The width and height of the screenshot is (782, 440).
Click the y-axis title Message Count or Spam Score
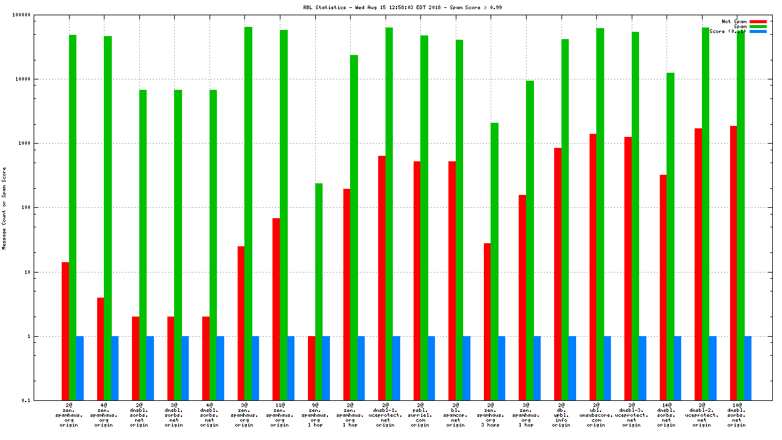[x=4, y=208]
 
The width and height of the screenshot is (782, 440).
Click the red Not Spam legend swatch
[x=758, y=21]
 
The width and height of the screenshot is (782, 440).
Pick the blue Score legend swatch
[x=758, y=31]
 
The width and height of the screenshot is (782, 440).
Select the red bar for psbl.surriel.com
[x=417, y=280]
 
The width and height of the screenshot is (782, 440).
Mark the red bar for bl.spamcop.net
[x=452, y=280]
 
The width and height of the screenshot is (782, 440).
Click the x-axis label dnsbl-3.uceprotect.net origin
[x=631, y=414]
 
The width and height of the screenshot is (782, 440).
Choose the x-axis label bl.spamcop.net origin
[x=455, y=414]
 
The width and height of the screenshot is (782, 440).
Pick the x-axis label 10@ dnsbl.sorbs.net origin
[x=737, y=414]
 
